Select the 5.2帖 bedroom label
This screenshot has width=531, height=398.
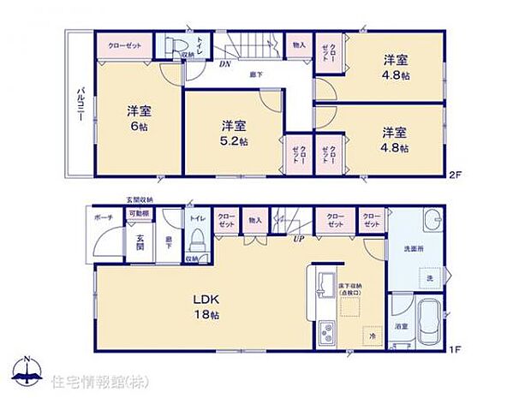pos(231,134)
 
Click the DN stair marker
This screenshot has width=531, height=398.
pos(224,64)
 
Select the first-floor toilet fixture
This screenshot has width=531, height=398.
pos(196,234)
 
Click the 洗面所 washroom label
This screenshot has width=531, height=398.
pos(413,248)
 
